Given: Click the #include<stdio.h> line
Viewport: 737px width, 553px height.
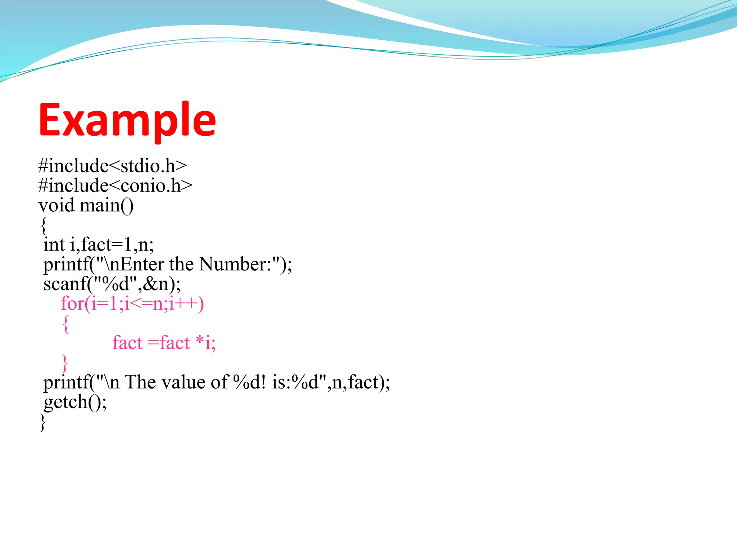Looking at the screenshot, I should pyautogui.click(x=113, y=166).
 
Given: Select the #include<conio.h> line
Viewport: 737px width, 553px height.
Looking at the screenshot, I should pyautogui.click(x=115, y=186).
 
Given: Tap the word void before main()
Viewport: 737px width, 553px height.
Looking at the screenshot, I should pyautogui.click(x=56, y=206).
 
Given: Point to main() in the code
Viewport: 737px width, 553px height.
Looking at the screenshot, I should pyautogui.click(x=107, y=206).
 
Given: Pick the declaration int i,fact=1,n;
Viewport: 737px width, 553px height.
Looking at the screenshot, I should pyautogui.click(x=99, y=245).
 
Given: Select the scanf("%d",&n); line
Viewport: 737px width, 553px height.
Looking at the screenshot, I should pyautogui.click(x=112, y=284).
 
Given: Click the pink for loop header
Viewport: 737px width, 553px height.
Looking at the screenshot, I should pyautogui.click(x=132, y=304).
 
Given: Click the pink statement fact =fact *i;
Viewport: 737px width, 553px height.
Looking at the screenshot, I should pyautogui.click(x=164, y=343).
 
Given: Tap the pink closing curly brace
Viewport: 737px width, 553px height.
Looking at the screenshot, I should pyautogui.click(x=65, y=363).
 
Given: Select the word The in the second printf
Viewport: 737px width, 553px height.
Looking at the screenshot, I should pyautogui.click(x=140, y=382).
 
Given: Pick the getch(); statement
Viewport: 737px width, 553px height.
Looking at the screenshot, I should pyautogui.click(x=75, y=402).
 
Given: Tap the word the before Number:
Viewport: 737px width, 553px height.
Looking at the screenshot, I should pyautogui.click(x=181, y=264).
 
